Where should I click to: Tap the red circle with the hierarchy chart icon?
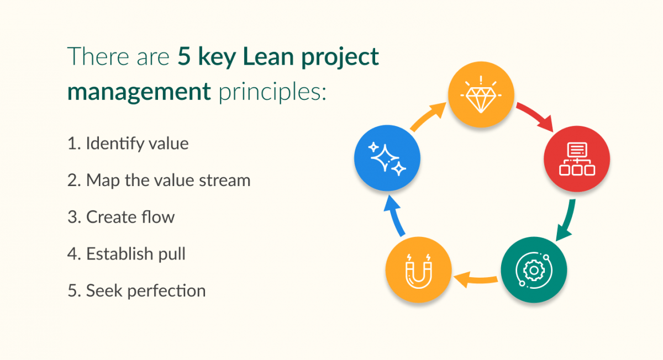pyautogui.click(x=577, y=160)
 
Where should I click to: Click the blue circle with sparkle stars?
pyautogui.click(x=387, y=160)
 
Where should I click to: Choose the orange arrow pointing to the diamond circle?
pyautogui.click(x=428, y=118)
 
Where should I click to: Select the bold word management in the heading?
pyautogui.click(x=139, y=91)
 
